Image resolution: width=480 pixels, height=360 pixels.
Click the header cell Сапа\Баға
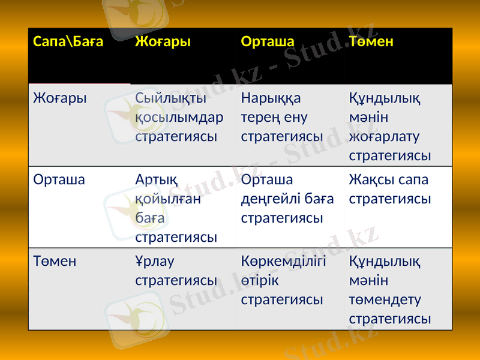(x=68, y=41)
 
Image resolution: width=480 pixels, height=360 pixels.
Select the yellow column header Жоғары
(x=163, y=41)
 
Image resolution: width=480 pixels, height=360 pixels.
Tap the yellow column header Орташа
(x=268, y=41)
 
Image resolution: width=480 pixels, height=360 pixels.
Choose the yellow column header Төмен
(x=371, y=41)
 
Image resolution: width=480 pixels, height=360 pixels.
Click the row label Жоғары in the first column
(x=60, y=98)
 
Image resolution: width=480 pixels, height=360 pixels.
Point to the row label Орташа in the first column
(x=59, y=179)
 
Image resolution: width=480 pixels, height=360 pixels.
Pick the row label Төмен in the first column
(x=55, y=261)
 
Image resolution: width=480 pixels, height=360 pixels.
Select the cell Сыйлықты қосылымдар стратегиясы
(x=179, y=117)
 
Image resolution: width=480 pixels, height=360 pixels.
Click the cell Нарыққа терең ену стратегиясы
(x=282, y=117)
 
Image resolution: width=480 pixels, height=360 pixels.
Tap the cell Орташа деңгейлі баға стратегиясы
(x=287, y=199)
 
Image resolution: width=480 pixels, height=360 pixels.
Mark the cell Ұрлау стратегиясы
(x=176, y=271)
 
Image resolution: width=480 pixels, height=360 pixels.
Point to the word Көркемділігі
(x=283, y=261)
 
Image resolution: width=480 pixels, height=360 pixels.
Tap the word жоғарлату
(x=384, y=136)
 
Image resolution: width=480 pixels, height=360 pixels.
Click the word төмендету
(x=385, y=299)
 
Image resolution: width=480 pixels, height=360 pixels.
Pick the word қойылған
(x=168, y=199)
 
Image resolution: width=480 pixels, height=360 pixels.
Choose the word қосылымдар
(x=179, y=117)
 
